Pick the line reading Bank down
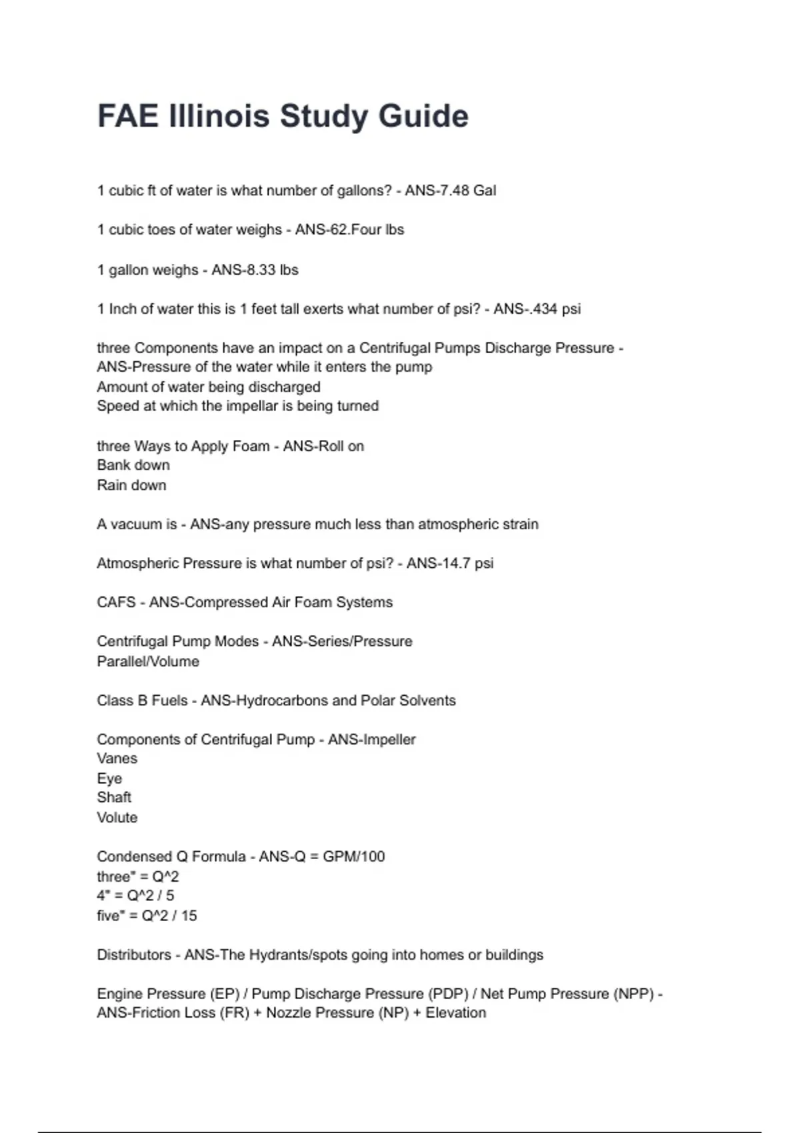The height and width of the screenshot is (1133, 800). click(x=133, y=465)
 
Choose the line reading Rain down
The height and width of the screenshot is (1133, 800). click(x=131, y=485)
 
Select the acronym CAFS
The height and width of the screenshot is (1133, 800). click(x=116, y=602)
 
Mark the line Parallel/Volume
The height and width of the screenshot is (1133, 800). click(x=148, y=662)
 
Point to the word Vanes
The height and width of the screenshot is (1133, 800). click(x=117, y=758)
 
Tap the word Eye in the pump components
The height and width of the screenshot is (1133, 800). click(x=109, y=778)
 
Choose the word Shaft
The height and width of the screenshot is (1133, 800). click(x=114, y=798)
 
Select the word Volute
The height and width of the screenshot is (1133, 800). click(x=117, y=818)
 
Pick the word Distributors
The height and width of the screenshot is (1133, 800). click(x=134, y=955)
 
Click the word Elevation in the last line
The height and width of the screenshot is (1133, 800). click(x=456, y=1013)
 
